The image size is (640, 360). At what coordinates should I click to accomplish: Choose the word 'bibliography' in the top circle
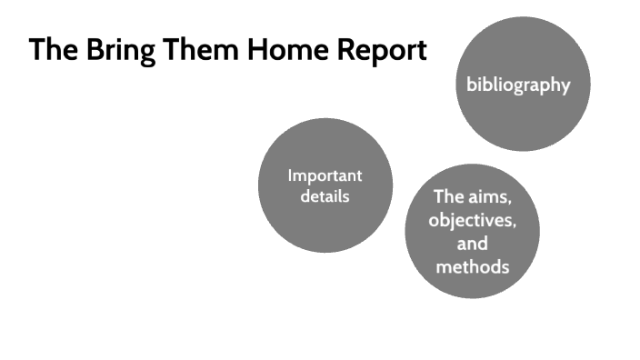pyautogui.click(x=518, y=85)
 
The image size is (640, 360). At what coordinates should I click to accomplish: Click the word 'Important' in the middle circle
pyautogui.click(x=325, y=175)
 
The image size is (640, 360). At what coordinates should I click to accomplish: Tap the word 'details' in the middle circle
pyautogui.click(x=325, y=195)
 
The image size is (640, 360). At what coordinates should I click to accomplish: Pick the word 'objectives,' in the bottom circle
pyautogui.click(x=472, y=220)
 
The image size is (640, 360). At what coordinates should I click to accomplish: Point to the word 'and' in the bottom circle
pyautogui.click(x=472, y=244)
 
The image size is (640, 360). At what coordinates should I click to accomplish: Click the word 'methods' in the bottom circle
pyautogui.click(x=472, y=267)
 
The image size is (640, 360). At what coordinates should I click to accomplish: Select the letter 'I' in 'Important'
pyautogui.click(x=290, y=175)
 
